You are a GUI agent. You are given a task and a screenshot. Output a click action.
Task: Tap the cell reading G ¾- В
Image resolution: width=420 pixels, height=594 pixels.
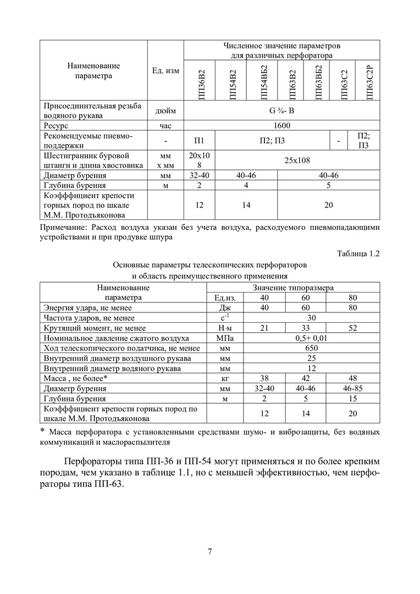(x=282, y=111)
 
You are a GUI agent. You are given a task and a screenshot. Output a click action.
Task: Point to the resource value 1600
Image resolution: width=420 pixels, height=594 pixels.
(x=282, y=125)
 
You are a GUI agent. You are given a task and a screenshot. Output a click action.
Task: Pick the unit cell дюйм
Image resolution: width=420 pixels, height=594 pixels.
(x=165, y=111)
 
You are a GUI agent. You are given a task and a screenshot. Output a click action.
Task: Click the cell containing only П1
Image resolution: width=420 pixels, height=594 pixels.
(x=199, y=141)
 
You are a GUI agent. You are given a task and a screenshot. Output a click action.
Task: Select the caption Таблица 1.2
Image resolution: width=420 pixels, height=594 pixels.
(x=358, y=254)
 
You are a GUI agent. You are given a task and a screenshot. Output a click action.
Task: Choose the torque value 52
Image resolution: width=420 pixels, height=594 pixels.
(x=353, y=328)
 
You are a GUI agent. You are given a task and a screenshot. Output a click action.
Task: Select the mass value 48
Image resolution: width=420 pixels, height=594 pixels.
(x=353, y=378)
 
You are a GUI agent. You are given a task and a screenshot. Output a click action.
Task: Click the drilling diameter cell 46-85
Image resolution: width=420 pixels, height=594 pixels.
(x=353, y=388)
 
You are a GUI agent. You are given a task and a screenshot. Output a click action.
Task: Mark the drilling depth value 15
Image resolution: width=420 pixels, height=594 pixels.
(x=353, y=398)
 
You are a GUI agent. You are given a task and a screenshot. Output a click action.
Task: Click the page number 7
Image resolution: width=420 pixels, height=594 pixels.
(x=210, y=552)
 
